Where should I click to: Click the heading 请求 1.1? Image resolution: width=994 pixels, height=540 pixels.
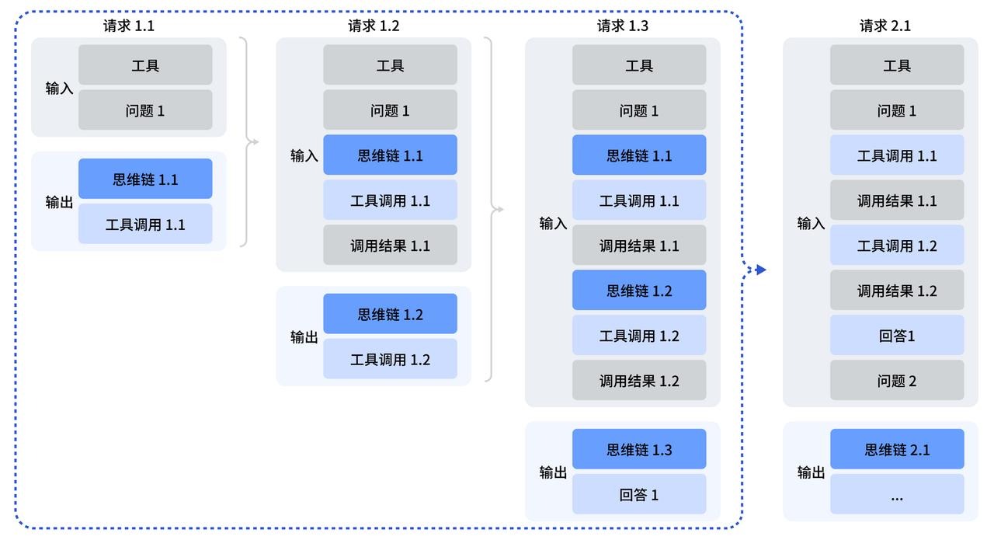click(129, 26)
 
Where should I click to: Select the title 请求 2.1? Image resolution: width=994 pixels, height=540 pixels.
click(885, 26)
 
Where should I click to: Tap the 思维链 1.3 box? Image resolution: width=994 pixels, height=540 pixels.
click(639, 449)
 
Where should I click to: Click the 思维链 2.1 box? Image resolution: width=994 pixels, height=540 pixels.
click(897, 449)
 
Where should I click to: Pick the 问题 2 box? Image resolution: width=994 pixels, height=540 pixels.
click(897, 381)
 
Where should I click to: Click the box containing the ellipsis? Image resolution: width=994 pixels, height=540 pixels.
click(897, 495)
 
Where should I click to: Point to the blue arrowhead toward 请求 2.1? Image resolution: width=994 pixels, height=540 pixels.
click(761, 270)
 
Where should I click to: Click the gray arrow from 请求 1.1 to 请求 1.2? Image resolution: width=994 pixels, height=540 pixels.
click(253, 141)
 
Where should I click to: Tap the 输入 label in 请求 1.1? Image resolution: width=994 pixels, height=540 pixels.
click(59, 89)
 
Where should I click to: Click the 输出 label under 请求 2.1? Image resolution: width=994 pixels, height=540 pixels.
click(811, 472)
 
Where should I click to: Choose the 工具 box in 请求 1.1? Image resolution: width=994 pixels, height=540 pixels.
click(145, 65)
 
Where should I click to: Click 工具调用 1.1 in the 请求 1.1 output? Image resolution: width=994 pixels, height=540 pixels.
click(145, 225)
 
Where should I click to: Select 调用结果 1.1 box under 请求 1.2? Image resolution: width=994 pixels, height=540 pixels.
click(390, 246)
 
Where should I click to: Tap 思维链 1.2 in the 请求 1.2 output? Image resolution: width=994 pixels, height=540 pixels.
click(390, 314)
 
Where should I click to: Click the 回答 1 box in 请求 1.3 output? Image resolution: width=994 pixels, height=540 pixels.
click(639, 495)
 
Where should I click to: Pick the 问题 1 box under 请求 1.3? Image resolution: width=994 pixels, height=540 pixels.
click(639, 110)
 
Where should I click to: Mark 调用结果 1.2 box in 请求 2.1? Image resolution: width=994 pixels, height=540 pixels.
click(897, 291)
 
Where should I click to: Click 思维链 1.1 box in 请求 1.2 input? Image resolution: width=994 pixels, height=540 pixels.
click(390, 155)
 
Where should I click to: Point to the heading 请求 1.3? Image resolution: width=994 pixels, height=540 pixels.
click(623, 26)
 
